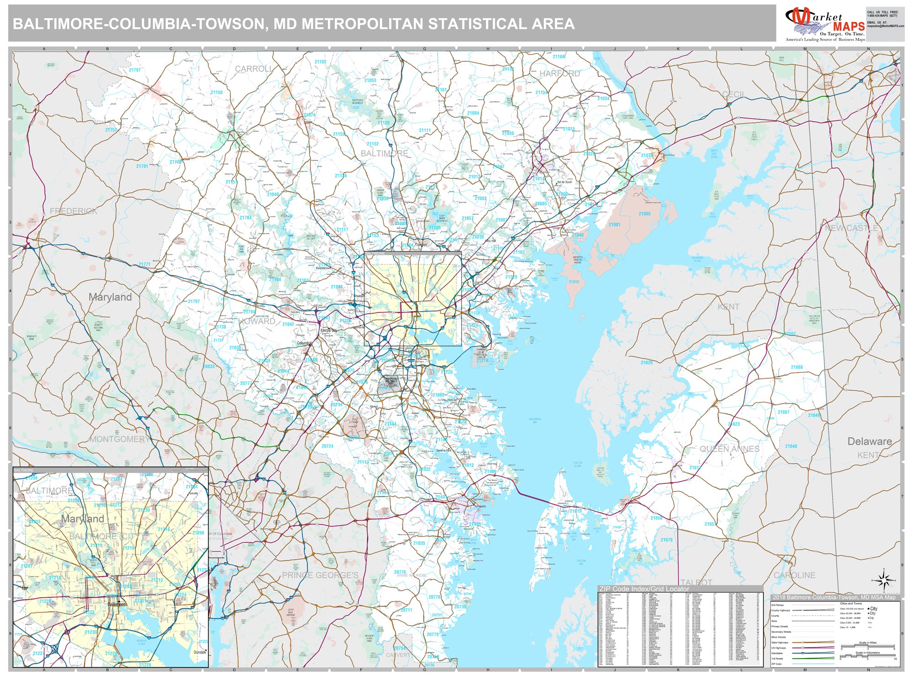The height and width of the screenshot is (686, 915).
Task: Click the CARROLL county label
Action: point(253,69)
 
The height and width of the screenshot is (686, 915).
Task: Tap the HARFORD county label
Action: point(560,73)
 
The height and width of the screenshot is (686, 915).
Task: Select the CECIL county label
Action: point(733,94)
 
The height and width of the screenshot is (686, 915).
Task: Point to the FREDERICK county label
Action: point(73,211)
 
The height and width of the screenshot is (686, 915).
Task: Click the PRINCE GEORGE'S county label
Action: point(320,575)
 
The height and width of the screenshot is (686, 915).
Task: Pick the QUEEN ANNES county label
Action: point(729,449)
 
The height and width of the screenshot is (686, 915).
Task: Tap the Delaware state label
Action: point(869,441)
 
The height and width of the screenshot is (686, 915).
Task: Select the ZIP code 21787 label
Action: point(135,70)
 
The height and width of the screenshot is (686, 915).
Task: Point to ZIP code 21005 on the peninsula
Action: point(644,214)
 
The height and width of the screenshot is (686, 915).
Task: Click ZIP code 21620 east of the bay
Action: point(646,362)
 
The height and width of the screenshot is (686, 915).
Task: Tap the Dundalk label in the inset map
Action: point(200,652)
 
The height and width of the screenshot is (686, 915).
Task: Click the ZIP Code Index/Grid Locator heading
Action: point(644,589)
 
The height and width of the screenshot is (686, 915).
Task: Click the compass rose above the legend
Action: point(884,580)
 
